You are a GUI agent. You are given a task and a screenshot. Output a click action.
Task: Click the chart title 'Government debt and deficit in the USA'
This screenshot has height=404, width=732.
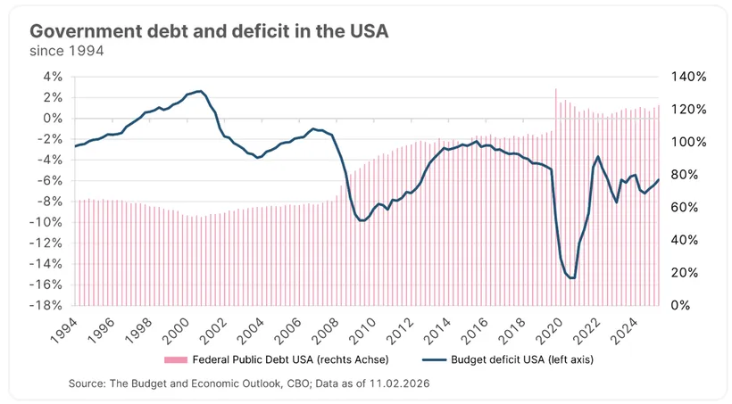coord(209,31)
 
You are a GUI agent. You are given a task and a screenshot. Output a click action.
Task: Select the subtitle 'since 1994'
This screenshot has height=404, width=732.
coord(67,52)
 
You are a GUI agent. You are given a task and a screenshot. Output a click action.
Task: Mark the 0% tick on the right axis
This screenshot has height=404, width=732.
coord(680,305)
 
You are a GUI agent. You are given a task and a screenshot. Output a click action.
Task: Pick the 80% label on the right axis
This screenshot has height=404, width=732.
coord(684,175)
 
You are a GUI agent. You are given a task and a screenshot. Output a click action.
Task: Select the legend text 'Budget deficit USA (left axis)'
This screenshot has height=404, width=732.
coord(503,359)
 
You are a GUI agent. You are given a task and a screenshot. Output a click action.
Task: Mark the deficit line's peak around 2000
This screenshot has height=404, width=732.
coord(199,91)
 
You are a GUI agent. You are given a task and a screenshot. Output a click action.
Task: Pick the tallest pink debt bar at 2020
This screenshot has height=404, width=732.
coord(555,196)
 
